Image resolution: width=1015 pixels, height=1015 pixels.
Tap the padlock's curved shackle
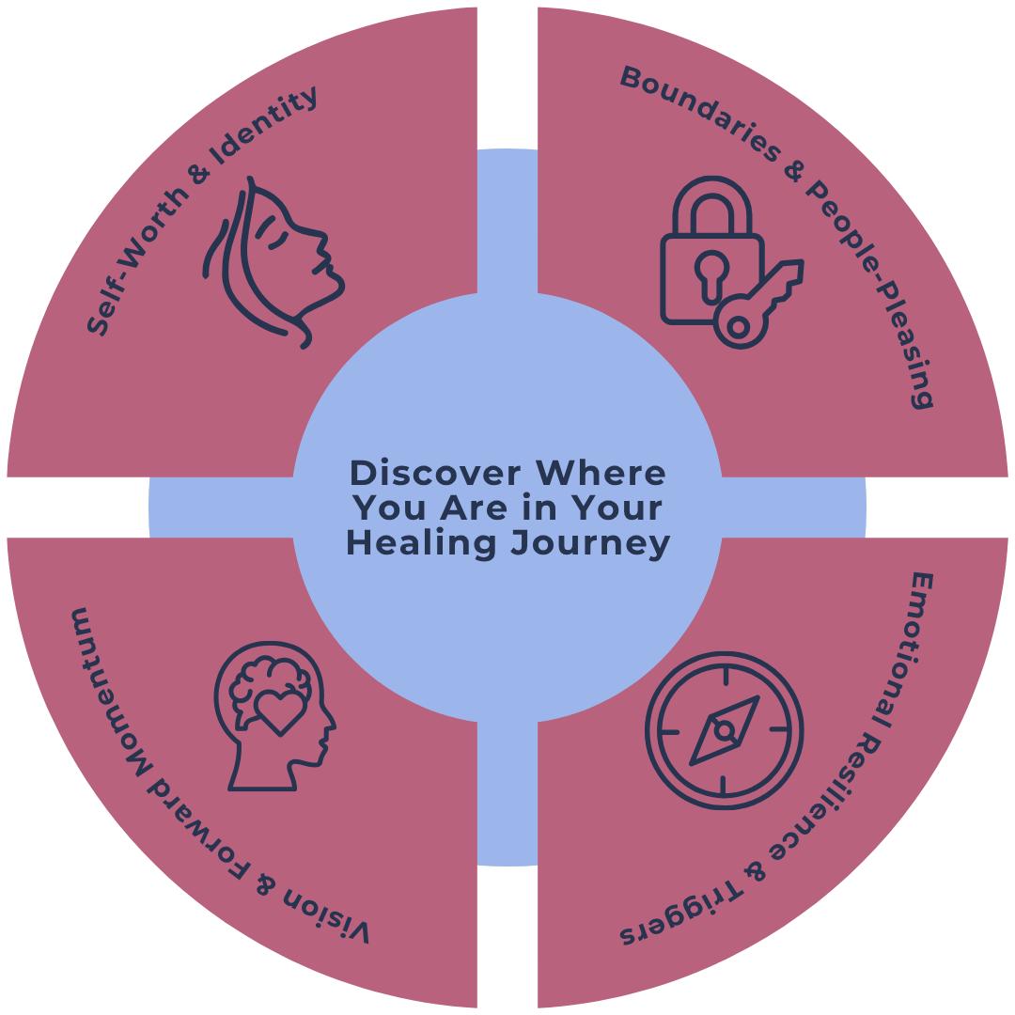pos(711,202)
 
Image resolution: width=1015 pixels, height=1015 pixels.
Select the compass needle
pos(725,730)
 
